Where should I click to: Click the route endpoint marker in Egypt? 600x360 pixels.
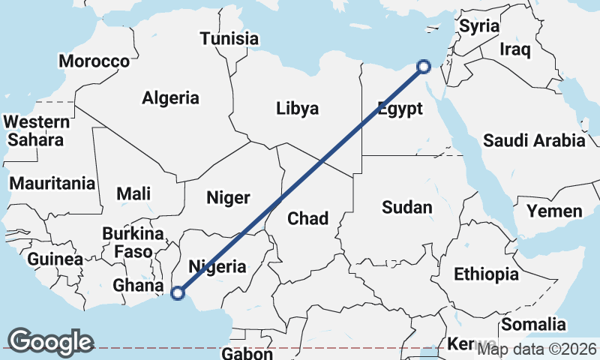coord(423,67)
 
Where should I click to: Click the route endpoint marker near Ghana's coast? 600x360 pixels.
coord(178,293)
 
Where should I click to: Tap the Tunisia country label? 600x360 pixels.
coord(229,39)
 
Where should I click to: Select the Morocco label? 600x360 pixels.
coord(94,61)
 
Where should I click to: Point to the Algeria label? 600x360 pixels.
coord(170,97)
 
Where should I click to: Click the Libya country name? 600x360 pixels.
coord(297,108)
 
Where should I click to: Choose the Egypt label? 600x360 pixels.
coord(400,108)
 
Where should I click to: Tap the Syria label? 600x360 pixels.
coord(478,26)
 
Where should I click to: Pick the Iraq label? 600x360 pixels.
coord(515,50)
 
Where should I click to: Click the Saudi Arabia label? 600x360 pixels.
coord(534,140)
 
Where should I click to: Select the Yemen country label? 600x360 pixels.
coord(554,211)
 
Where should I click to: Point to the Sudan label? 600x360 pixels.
coord(406,208)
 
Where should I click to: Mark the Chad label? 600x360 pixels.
coord(308,218)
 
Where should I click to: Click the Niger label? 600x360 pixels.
coord(227,198)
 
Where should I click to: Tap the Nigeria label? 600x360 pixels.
coord(217,266)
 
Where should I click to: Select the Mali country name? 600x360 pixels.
coord(133,193)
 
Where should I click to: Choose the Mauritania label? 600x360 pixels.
coord(52,183)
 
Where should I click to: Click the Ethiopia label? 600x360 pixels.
coord(486,274)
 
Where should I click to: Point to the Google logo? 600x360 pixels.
coord(50,341)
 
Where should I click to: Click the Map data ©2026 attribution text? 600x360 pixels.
coord(537,349)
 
